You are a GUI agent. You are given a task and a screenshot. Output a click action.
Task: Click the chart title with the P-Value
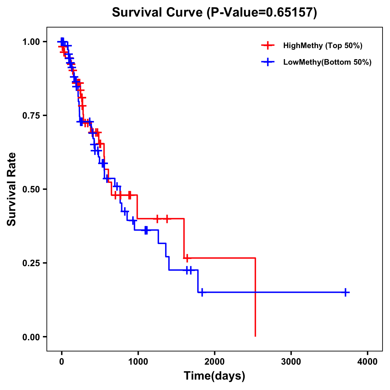pos(214,12)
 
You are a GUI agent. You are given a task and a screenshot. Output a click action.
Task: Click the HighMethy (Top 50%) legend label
pos(322,45)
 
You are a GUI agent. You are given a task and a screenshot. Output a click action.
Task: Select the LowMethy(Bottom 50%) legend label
pos(327,62)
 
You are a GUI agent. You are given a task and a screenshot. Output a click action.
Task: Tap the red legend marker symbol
pos(267,45)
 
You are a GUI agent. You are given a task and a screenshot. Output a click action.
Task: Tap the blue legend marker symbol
pos(267,62)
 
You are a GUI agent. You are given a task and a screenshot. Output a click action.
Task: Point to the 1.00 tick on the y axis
pos(31,42)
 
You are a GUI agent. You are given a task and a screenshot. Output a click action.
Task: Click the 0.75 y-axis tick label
pos(31,115)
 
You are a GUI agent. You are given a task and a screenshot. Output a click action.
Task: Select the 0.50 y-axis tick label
pos(31,189)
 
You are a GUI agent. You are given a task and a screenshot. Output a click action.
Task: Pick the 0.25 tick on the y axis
pos(31,263)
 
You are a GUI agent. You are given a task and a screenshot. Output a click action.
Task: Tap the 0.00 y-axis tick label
pos(31,337)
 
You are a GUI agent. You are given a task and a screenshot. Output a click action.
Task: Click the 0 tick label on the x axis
pos(61,362)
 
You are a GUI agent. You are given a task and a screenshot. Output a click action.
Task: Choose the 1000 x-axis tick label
pos(138,362)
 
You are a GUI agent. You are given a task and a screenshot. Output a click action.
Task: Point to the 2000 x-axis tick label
pos(214,362)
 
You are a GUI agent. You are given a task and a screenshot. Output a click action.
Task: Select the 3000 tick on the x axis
pos(291,362)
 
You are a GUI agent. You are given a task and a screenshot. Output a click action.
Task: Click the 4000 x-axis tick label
pos(368,362)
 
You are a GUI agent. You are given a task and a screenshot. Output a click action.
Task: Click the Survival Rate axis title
pos(12,189)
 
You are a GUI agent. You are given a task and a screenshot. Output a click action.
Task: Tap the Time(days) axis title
pos(214,376)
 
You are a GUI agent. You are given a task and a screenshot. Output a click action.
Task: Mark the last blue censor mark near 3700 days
pos(346,292)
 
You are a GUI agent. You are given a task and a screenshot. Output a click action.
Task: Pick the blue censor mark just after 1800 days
pos(202,292)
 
